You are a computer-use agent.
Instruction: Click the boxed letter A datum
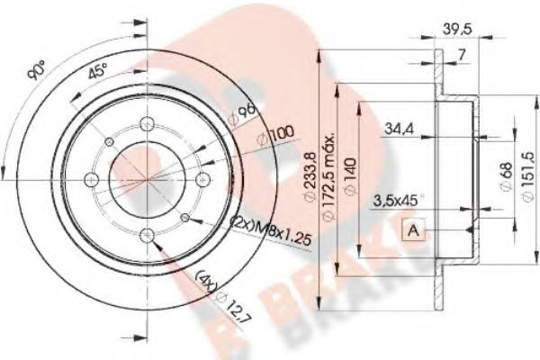(413, 230)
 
